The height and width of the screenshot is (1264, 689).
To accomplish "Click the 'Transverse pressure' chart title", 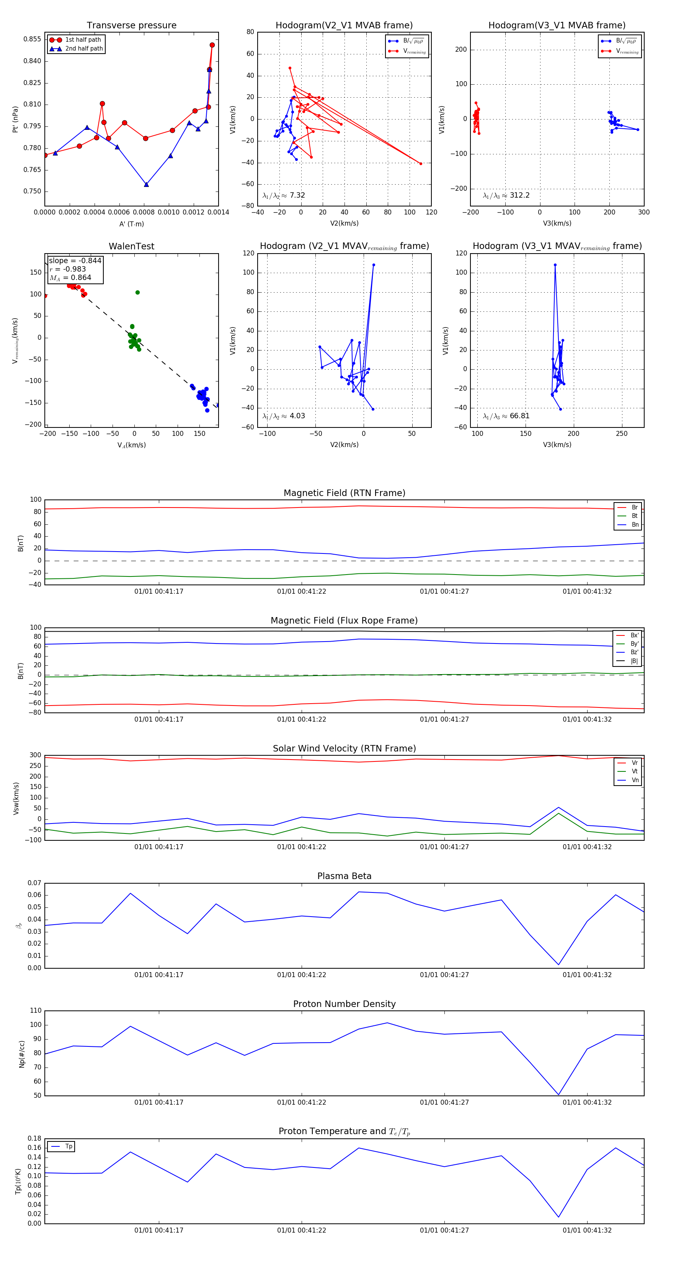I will [131, 26].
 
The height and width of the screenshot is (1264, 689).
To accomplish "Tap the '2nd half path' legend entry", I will [84, 49].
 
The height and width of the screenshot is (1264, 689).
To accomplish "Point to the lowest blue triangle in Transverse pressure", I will [146, 185].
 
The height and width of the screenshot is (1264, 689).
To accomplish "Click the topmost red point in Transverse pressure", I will [212, 45].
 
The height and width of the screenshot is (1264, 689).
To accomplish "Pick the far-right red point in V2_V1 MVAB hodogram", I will [421, 164].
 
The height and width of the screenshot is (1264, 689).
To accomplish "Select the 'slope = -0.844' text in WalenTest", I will [75, 260].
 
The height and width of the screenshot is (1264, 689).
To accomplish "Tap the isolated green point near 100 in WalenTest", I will [137, 293].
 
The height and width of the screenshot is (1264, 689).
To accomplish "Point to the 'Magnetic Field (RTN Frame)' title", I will [344, 493].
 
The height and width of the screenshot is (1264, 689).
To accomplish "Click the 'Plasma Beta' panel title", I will [344, 876].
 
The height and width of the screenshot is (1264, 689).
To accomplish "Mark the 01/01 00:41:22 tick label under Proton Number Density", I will [302, 1102].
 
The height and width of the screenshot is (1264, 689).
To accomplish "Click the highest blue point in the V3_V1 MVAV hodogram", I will [555, 265].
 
